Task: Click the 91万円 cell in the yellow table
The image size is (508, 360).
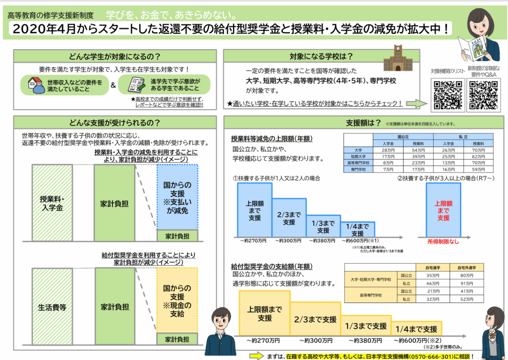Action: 466,283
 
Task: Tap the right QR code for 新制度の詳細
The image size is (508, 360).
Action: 483,94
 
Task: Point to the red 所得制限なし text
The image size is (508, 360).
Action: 443,241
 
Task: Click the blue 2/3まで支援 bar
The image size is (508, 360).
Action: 289,219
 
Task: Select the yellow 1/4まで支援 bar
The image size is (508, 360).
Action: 416,329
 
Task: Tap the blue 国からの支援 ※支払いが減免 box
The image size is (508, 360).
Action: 177,198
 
